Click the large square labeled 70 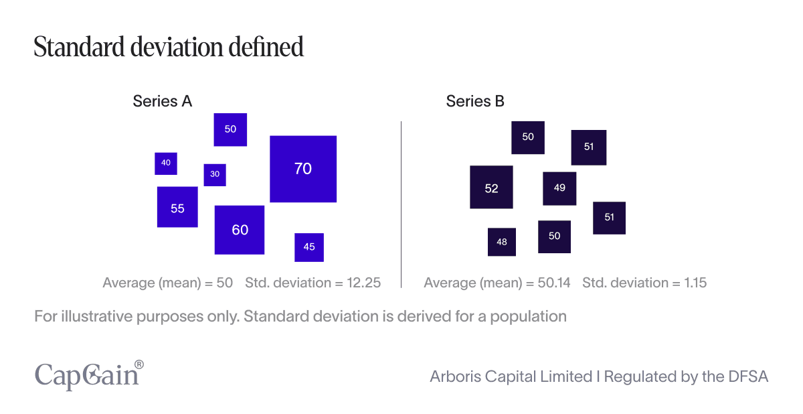point(303,169)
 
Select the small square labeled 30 point(215,174)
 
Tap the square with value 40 point(166,163)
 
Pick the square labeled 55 point(177,208)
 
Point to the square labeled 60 point(240,230)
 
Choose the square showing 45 point(309,247)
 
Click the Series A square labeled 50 point(230,129)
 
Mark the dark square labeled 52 point(491,188)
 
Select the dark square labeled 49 point(559,188)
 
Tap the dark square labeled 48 point(502,242)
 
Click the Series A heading point(163,101)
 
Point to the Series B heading point(475,101)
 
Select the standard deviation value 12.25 point(363,283)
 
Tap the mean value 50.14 point(554,283)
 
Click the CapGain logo point(88,374)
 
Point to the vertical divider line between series point(401,204)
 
